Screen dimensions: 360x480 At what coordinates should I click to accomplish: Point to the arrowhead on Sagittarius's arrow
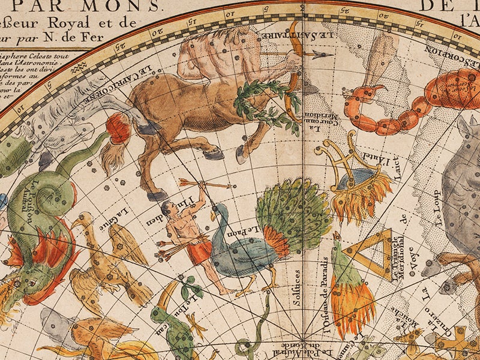328,56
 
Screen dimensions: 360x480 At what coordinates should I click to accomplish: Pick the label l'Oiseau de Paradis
326,300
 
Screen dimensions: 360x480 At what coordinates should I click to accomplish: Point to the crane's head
77,219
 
